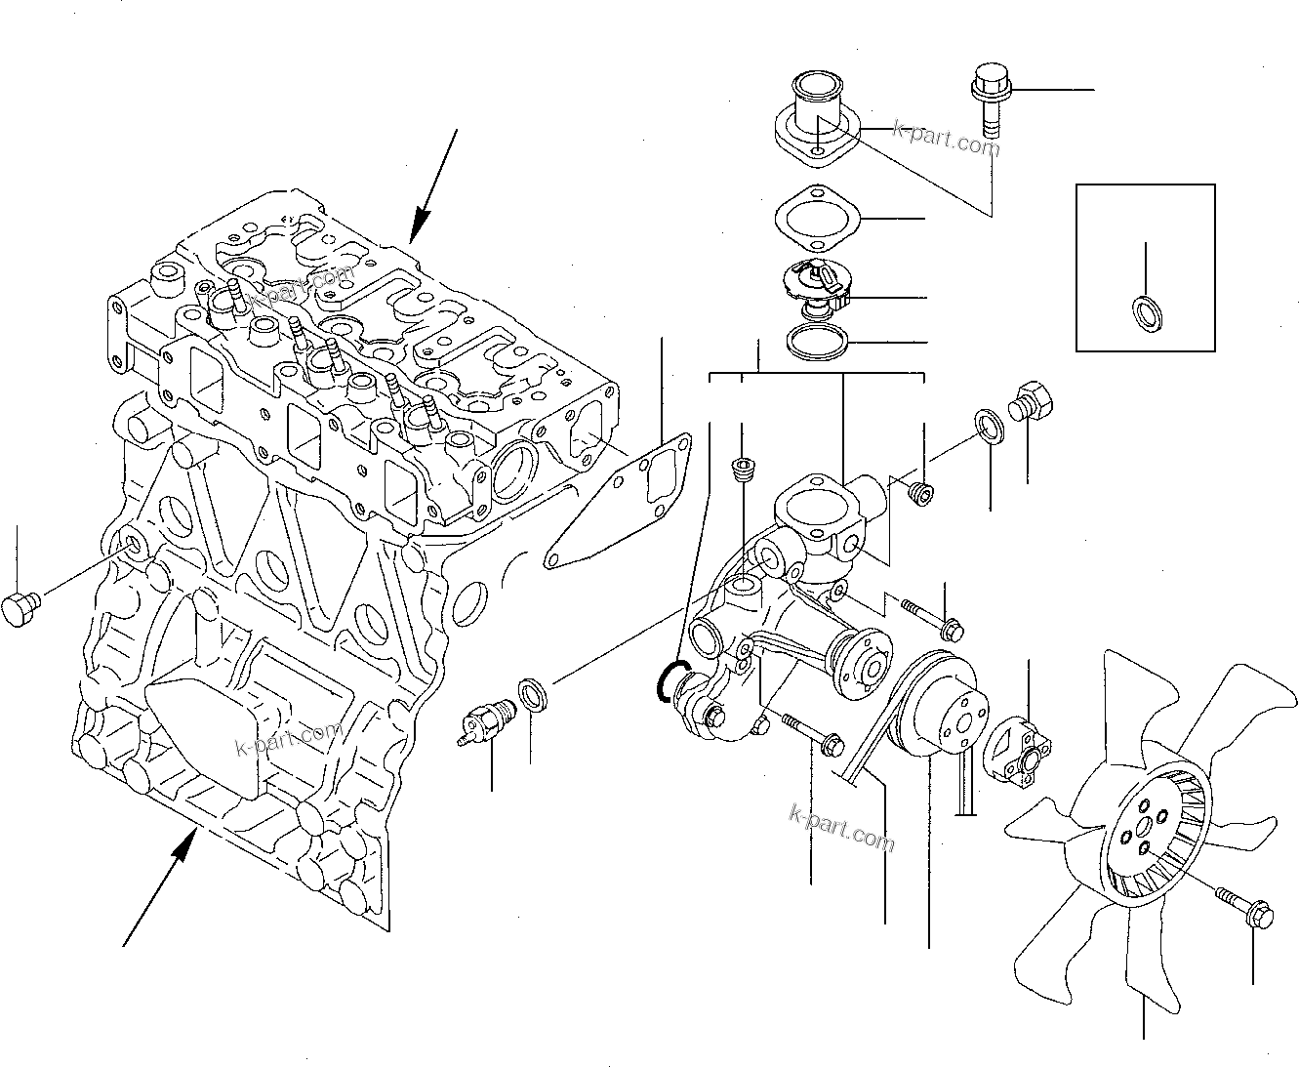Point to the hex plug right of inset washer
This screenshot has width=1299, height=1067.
coord(1030,400)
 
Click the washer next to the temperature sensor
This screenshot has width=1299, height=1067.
coord(533,695)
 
